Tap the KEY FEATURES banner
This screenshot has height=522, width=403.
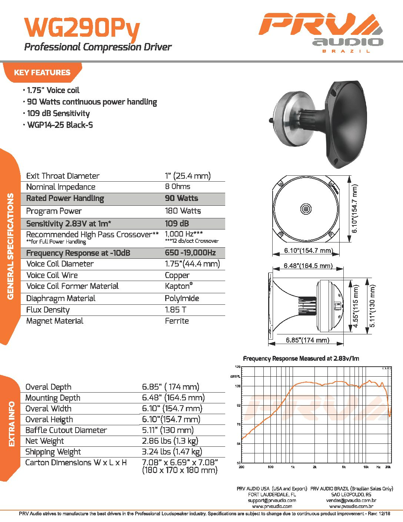[x=42, y=72]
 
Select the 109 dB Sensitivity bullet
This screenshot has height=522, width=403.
[x=58, y=113]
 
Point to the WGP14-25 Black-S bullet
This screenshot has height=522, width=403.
[x=60, y=125]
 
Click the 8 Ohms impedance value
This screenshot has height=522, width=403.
[x=177, y=186]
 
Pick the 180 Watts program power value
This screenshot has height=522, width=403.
[x=183, y=211]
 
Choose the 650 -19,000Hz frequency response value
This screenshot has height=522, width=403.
[x=190, y=253]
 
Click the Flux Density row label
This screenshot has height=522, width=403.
[x=48, y=310]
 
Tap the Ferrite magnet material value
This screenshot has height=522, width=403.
[x=177, y=321]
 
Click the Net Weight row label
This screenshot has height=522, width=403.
[x=44, y=441]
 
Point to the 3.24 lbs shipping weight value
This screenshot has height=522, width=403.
[x=172, y=452]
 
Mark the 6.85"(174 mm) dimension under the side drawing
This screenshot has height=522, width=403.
[x=307, y=340]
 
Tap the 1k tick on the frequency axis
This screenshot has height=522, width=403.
[x=293, y=467]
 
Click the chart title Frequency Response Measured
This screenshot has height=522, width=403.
[x=301, y=359]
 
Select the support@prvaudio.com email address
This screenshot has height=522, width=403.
[x=272, y=500]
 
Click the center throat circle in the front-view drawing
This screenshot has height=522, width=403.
[x=306, y=209]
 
